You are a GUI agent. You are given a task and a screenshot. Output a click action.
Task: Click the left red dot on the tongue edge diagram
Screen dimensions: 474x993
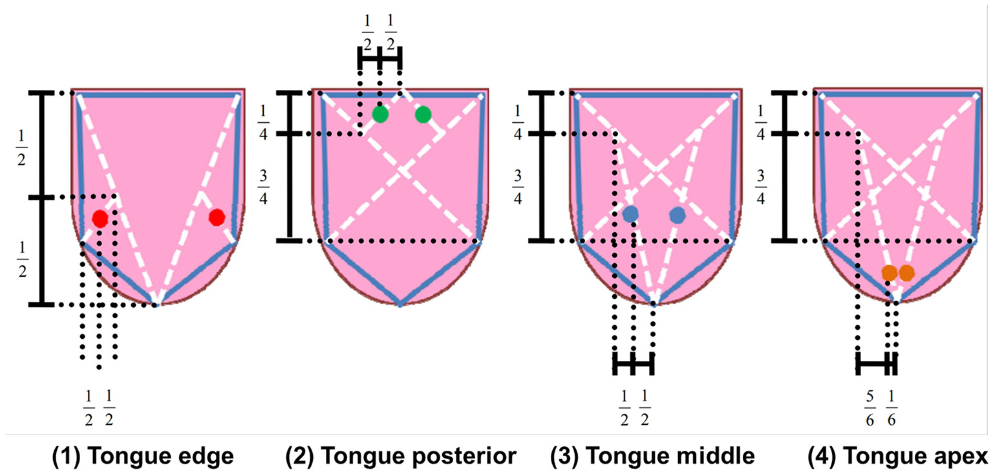pos(100,219)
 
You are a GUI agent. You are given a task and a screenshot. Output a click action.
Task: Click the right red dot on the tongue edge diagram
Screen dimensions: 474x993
pos(217,217)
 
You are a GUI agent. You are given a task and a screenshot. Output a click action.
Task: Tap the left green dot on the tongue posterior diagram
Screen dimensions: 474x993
pos(380,114)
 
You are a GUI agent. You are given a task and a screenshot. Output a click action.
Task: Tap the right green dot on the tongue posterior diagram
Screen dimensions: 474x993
pos(423,114)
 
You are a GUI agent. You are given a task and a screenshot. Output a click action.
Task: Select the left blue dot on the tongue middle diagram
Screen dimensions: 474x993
pos(631,215)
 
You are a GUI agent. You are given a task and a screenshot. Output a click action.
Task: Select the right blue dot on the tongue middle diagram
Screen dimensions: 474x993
pos(677,215)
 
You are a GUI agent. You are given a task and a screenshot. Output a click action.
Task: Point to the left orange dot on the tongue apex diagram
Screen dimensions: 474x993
pos(890,273)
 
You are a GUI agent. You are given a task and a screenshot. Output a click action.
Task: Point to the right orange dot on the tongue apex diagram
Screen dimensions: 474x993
pos(906,273)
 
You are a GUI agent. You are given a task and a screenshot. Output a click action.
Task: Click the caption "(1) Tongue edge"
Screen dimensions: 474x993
pos(143,457)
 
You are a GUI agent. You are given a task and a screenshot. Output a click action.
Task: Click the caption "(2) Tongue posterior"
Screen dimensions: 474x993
pos(401,457)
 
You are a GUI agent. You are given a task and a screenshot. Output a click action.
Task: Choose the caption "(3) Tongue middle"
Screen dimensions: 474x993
pos(652,457)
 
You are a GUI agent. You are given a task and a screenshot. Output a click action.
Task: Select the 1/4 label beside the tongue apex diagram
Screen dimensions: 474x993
pos(761,114)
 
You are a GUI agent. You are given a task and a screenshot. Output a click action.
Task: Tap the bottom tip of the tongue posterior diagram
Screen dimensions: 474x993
pos(400,304)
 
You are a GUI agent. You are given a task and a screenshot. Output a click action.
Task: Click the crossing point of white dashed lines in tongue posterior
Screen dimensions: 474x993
pos(401,171)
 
